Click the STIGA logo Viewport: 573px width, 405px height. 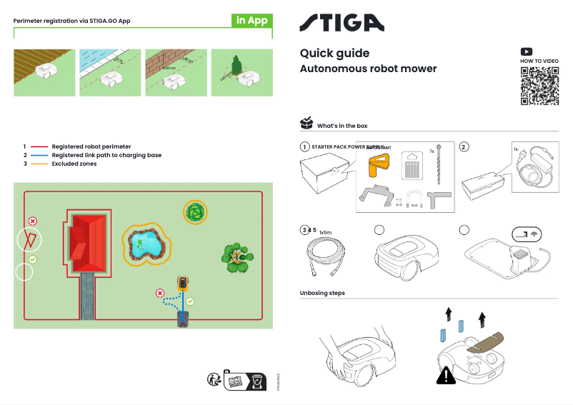click(341, 23)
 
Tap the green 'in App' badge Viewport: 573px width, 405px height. click(251, 20)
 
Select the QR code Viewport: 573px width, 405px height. click(539, 86)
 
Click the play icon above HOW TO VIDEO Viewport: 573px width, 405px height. click(527, 51)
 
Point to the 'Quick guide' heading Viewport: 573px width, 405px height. click(334, 54)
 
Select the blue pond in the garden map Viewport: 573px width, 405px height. click(146, 244)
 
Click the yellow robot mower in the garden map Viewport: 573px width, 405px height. click(184, 285)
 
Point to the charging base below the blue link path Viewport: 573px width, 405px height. click(184, 319)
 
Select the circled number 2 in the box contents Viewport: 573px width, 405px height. click(464, 147)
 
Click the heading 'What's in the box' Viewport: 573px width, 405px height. click(342, 126)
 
